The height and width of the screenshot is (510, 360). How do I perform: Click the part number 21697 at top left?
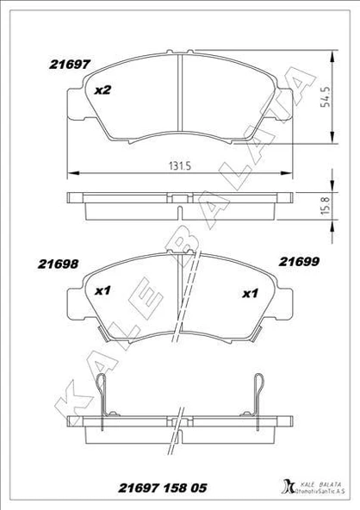click(x=61, y=63)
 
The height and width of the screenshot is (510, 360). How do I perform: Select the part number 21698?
click(x=61, y=266)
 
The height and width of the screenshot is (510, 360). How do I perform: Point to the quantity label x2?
click(x=102, y=90)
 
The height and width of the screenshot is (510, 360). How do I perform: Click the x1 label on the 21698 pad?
click(x=102, y=291)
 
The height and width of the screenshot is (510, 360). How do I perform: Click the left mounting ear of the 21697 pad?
click(x=76, y=98)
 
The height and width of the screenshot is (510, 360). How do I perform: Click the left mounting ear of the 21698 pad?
click(x=76, y=302)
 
